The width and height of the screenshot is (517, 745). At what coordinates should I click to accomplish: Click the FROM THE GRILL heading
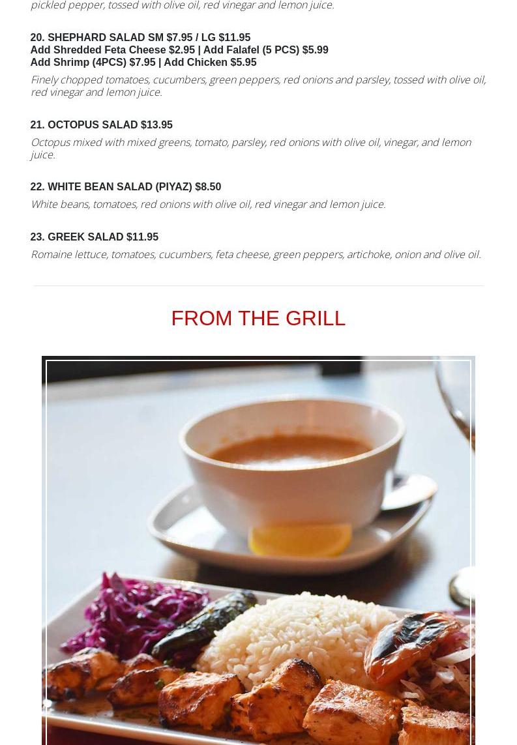258,318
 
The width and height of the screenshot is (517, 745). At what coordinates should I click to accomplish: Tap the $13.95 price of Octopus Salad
157,125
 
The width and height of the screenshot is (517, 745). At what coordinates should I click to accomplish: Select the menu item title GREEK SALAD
85,237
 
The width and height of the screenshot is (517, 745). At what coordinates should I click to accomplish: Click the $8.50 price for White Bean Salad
208,186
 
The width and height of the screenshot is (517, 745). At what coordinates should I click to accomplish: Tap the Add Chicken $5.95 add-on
210,62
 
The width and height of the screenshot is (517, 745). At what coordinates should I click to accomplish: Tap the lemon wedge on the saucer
301,539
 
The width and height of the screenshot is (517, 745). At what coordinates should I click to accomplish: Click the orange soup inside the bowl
290,450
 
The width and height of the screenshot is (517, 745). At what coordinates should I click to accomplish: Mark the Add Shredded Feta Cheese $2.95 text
113,50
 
